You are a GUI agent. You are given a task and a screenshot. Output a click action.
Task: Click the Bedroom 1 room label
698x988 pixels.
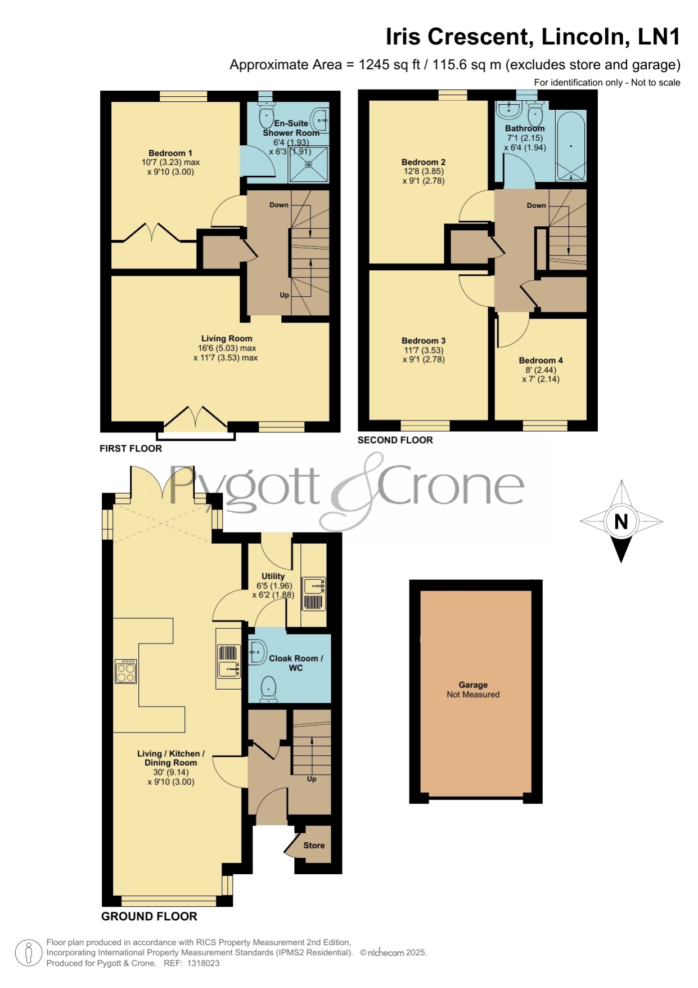pyautogui.click(x=170, y=153)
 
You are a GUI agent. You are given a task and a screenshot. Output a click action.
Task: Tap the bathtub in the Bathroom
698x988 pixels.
pyautogui.click(x=571, y=146)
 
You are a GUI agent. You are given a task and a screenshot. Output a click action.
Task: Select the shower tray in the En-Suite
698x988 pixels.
pyautogui.click(x=308, y=164)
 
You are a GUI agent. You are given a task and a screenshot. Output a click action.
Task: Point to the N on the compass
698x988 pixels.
pyautogui.click(x=621, y=522)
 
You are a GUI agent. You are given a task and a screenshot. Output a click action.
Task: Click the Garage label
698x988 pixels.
pyautogui.click(x=473, y=685)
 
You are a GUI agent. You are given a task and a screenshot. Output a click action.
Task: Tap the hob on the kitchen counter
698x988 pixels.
pyautogui.click(x=125, y=671)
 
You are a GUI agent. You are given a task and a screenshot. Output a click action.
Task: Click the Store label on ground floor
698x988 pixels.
pyautogui.click(x=314, y=846)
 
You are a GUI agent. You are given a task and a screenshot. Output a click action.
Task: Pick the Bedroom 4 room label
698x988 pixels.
pyautogui.click(x=541, y=360)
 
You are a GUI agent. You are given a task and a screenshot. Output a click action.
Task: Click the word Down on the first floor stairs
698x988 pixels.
pyautogui.click(x=279, y=205)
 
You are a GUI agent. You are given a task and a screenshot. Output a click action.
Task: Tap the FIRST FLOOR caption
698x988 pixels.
pyautogui.click(x=130, y=449)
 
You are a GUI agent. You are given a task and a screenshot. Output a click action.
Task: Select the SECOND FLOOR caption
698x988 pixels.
pyautogui.click(x=395, y=440)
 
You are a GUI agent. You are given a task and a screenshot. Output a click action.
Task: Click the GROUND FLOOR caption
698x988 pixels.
pyautogui.click(x=149, y=917)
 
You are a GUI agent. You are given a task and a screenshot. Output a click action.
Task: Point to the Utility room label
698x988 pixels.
pyautogui.click(x=273, y=576)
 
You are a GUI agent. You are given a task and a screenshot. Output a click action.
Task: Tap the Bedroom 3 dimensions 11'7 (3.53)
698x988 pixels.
pyautogui.click(x=424, y=350)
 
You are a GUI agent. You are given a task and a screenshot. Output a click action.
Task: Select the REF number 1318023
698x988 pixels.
pyautogui.click(x=203, y=963)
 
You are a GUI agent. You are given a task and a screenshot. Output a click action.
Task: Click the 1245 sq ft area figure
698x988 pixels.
pyautogui.click(x=389, y=65)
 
